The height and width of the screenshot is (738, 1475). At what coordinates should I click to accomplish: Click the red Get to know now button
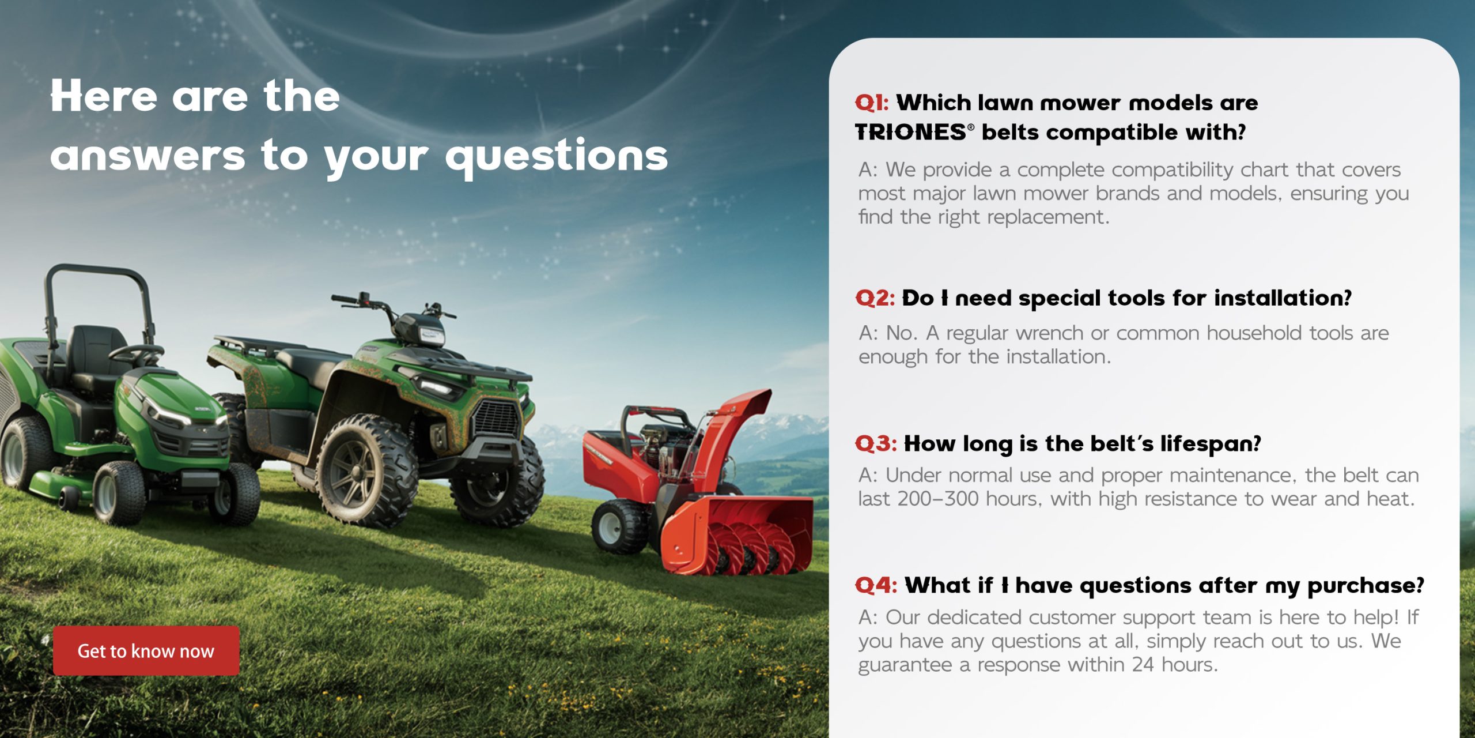click(x=146, y=650)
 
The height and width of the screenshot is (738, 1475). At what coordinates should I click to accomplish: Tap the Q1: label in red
click(x=872, y=103)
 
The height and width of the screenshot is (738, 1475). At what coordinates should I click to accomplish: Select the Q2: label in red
click(x=875, y=298)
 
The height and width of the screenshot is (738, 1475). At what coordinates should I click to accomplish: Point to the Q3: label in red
click(x=876, y=444)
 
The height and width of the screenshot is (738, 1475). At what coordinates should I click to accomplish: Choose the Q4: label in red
click(x=876, y=586)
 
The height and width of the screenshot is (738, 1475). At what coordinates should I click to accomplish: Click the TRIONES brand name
click(x=910, y=133)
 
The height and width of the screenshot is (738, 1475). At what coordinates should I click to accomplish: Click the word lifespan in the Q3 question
click(x=1210, y=444)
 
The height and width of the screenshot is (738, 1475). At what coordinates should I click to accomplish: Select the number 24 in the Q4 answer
click(x=1143, y=665)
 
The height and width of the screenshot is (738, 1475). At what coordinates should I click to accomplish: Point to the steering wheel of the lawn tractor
click(x=136, y=352)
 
